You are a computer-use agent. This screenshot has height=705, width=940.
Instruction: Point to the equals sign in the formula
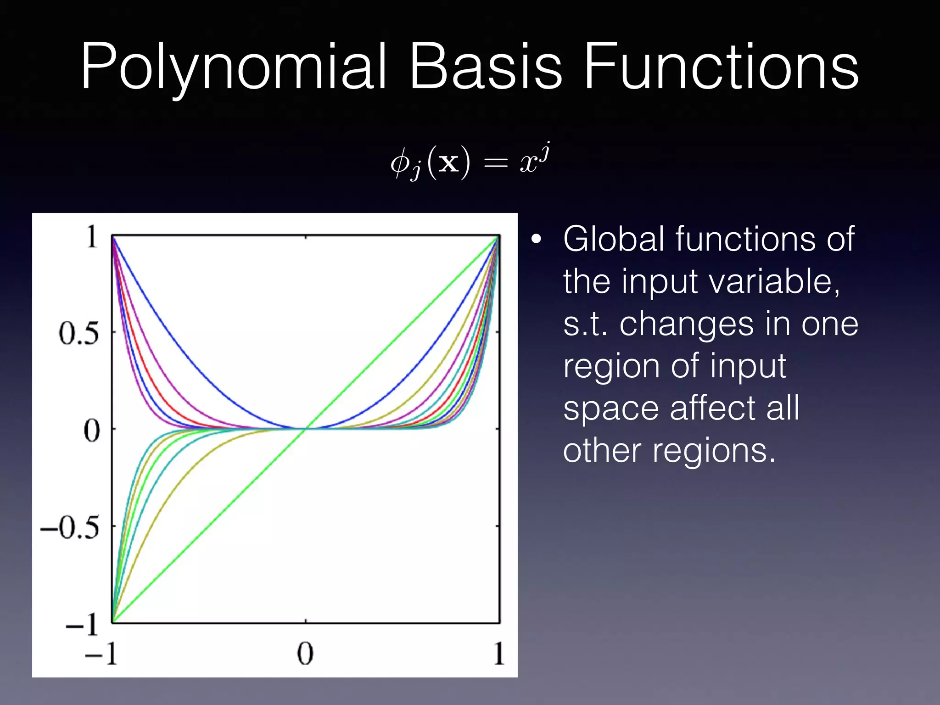coord(496,163)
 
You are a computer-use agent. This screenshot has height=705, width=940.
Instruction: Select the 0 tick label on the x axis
coord(305,653)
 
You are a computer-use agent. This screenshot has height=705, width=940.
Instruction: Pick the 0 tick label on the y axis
coord(92,431)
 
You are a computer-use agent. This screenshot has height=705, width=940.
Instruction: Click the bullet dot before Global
coord(536,239)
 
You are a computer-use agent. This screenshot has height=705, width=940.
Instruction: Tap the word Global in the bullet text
coord(614,239)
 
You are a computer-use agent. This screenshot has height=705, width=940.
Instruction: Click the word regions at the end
coord(714,451)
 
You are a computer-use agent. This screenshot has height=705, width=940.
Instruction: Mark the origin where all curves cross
coord(305,429)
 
